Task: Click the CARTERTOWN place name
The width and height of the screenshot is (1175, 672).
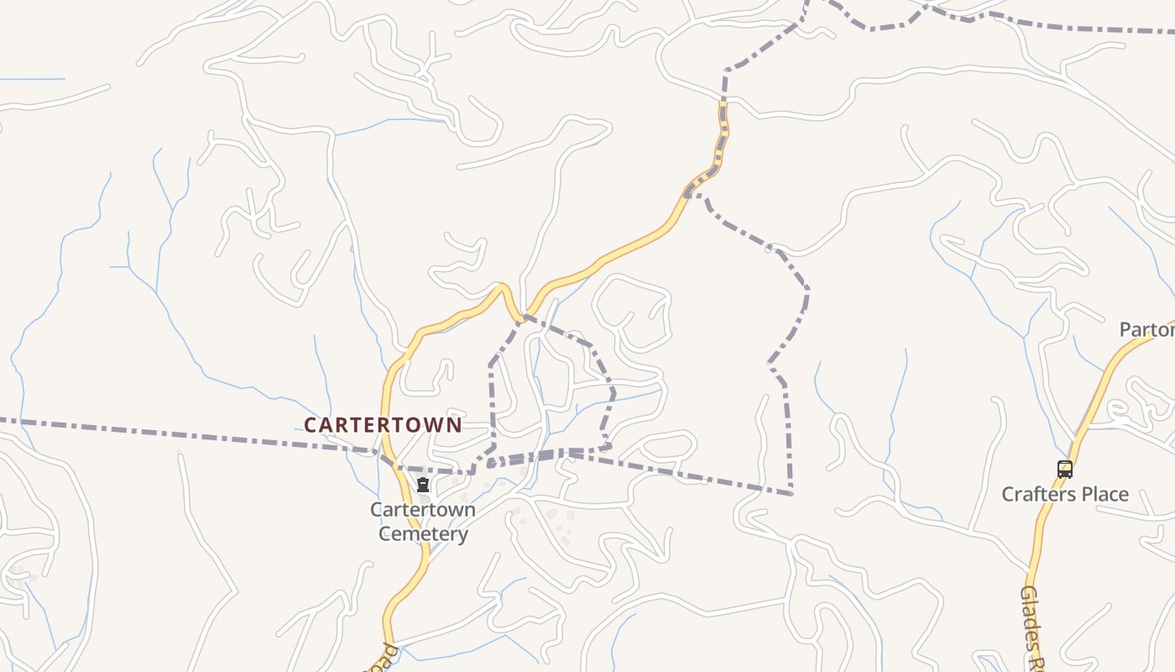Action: coord(383,425)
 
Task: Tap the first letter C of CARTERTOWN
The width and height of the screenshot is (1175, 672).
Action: coord(310,425)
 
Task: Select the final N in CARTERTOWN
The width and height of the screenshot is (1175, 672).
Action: coord(455,425)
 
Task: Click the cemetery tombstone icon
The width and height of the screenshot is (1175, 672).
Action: coord(423,485)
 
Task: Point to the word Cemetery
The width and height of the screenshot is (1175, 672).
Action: coord(423,533)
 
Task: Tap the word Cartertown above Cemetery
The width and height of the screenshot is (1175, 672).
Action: coord(423,510)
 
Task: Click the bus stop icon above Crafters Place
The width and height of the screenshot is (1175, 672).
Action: coord(1064,470)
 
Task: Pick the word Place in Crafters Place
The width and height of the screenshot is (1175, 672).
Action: coord(1104,494)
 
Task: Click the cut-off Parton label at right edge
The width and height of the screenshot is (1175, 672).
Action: coord(1148,330)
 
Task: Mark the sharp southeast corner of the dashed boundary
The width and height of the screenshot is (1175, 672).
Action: coord(791,493)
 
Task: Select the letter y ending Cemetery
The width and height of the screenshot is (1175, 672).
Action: coord(462,535)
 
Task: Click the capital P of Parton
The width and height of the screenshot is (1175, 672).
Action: coord(1126,330)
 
